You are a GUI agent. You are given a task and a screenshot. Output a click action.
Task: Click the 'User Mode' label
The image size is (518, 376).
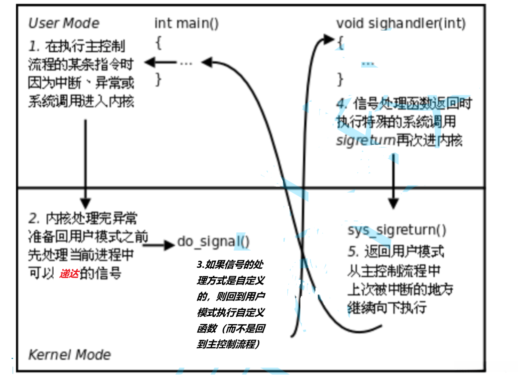[x=64, y=23]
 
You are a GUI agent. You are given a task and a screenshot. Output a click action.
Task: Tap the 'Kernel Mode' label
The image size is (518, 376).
[x=69, y=355]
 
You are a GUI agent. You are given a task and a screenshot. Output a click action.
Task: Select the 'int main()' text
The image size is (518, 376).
[x=186, y=23]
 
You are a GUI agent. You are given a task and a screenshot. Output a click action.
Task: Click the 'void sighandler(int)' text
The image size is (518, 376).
[x=401, y=23]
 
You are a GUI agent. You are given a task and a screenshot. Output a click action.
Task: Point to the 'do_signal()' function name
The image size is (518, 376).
[x=213, y=241]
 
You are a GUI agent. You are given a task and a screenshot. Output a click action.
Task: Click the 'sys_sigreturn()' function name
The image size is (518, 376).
[x=397, y=230]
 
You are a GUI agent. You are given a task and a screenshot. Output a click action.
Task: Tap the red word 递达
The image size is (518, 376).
[x=69, y=274]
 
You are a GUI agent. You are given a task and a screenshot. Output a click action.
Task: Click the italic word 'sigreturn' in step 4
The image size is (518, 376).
[x=366, y=140]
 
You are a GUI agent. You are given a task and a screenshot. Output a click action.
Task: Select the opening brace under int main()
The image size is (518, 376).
[x=159, y=43]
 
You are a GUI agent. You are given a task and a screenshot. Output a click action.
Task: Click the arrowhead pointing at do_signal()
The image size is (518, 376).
[x=169, y=245]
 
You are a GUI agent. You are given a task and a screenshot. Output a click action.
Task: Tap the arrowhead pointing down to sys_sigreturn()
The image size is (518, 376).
[x=393, y=203]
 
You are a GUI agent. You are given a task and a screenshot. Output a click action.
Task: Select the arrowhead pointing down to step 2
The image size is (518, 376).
[x=85, y=203]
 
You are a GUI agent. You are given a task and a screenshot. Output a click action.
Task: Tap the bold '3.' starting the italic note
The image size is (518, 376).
[x=201, y=265]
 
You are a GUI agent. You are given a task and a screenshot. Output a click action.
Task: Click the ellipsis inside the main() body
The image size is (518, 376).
[x=186, y=63]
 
